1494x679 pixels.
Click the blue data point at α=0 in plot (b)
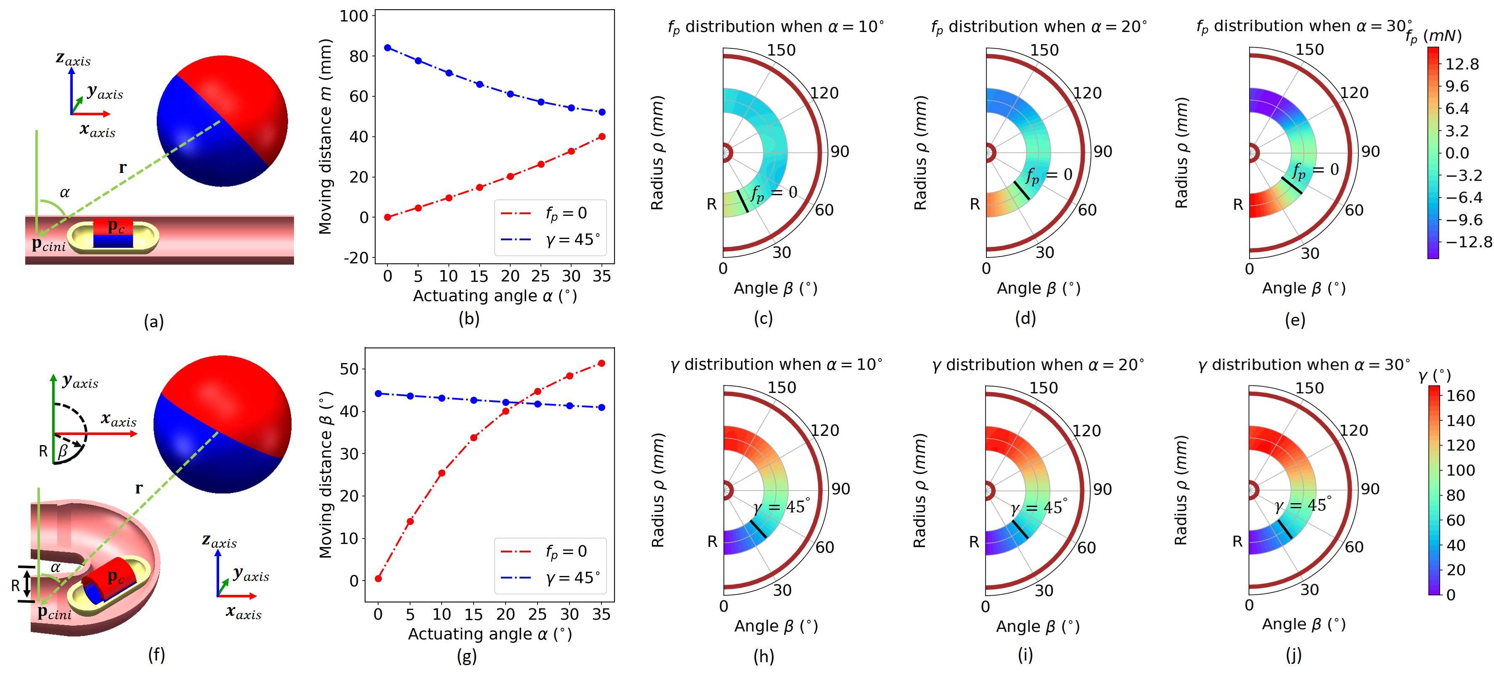[x=387, y=48]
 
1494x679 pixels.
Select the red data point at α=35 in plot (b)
[x=601, y=137]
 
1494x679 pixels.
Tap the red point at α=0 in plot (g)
[x=378, y=579]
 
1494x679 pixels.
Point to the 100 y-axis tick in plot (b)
[x=354, y=16]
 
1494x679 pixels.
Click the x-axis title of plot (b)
[x=495, y=296]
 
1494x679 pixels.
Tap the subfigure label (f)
[x=156, y=655]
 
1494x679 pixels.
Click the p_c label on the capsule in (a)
[x=116, y=226]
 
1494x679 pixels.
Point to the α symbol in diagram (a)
[x=64, y=193]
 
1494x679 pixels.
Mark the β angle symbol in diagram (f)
[x=63, y=451]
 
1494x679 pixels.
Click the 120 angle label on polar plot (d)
[x=1087, y=93]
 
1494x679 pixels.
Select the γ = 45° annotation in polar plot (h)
[x=781, y=506]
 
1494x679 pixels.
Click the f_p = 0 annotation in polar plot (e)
[x=1315, y=170]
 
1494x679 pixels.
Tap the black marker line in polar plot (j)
[x=1285, y=528]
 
